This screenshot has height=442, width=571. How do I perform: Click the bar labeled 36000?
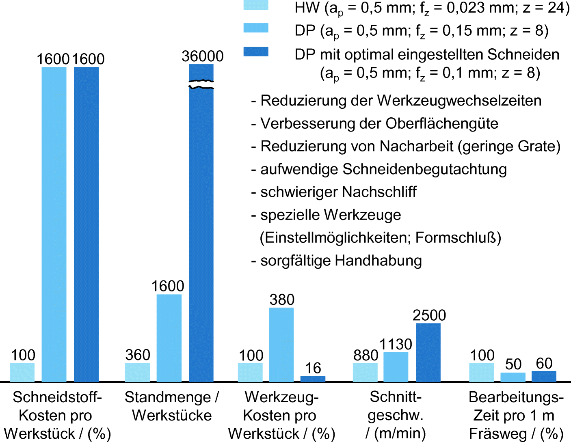[x=201, y=235]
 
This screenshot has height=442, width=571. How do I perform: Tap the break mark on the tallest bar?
[x=201, y=84]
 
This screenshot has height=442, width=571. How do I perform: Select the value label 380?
[x=282, y=300]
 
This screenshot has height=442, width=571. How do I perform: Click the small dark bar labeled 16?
[x=313, y=379]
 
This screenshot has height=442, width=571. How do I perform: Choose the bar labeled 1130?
[x=396, y=367]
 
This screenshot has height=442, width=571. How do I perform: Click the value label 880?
[x=366, y=356]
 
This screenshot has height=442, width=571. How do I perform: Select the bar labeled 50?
[x=513, y=377]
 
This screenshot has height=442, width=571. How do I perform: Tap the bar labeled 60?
[x=544, y=376]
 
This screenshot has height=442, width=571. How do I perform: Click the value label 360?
[x=138, y=355]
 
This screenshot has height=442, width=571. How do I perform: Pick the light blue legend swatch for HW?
[x=256, y=5]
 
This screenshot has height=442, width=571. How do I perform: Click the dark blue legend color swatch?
[x=256, y=52]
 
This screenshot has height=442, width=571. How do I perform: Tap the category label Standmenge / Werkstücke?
[x=171, y=406]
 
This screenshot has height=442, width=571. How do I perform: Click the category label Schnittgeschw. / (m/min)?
[x=396, y=415]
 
